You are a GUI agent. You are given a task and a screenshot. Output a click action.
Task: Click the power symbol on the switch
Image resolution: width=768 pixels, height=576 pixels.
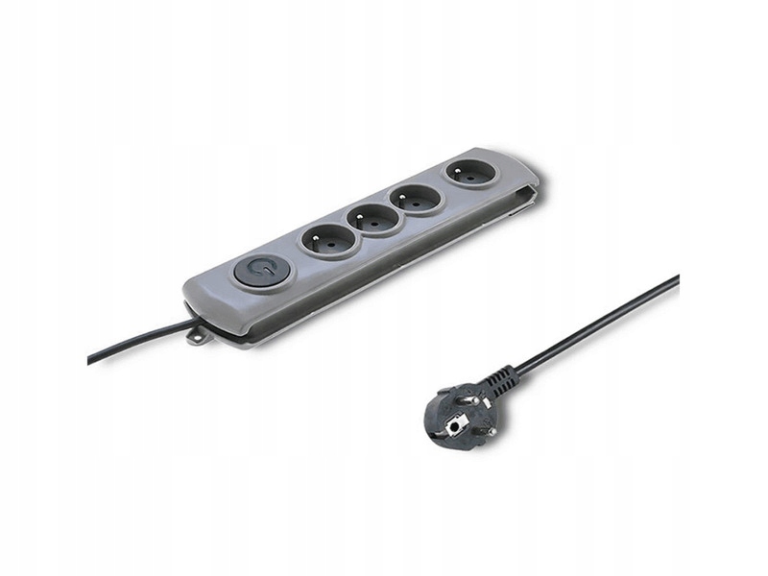point(254,269)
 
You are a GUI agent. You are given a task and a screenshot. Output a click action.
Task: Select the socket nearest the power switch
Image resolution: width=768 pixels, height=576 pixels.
point(329,239)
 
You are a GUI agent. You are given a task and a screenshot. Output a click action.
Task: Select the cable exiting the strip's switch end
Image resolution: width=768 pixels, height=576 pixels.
point(134,341)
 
